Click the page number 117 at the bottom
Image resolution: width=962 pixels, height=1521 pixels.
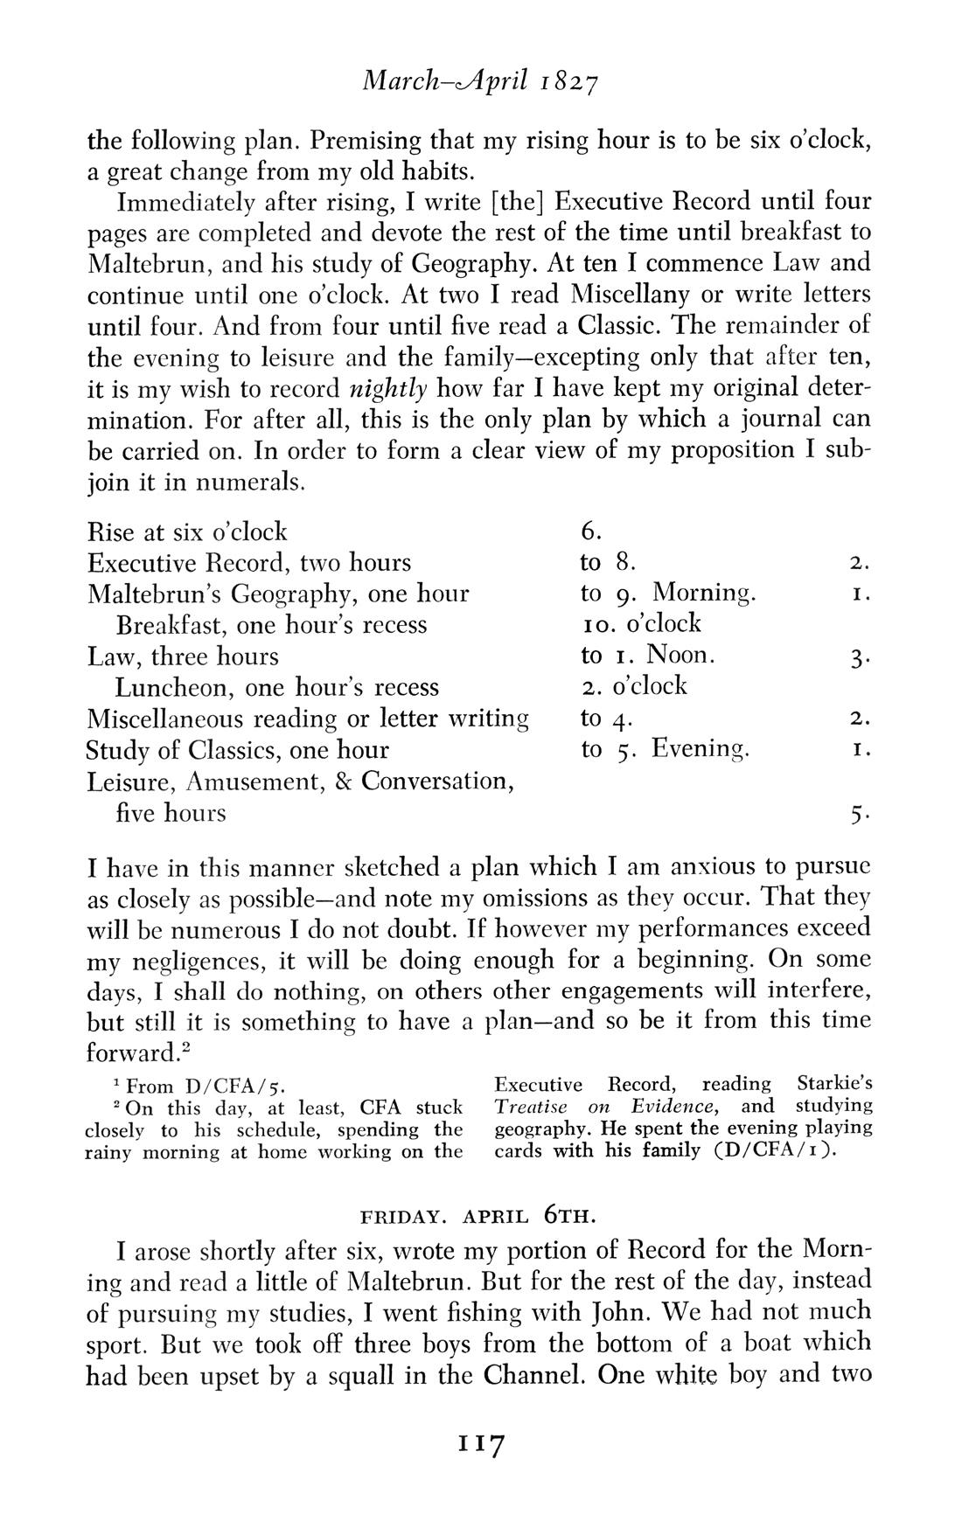[481, 1443]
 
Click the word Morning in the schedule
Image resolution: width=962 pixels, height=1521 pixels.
[704, 594]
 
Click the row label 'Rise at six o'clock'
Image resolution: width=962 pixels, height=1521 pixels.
[188, 531]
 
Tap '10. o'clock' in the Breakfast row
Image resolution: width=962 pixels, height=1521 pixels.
[641, 624]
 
